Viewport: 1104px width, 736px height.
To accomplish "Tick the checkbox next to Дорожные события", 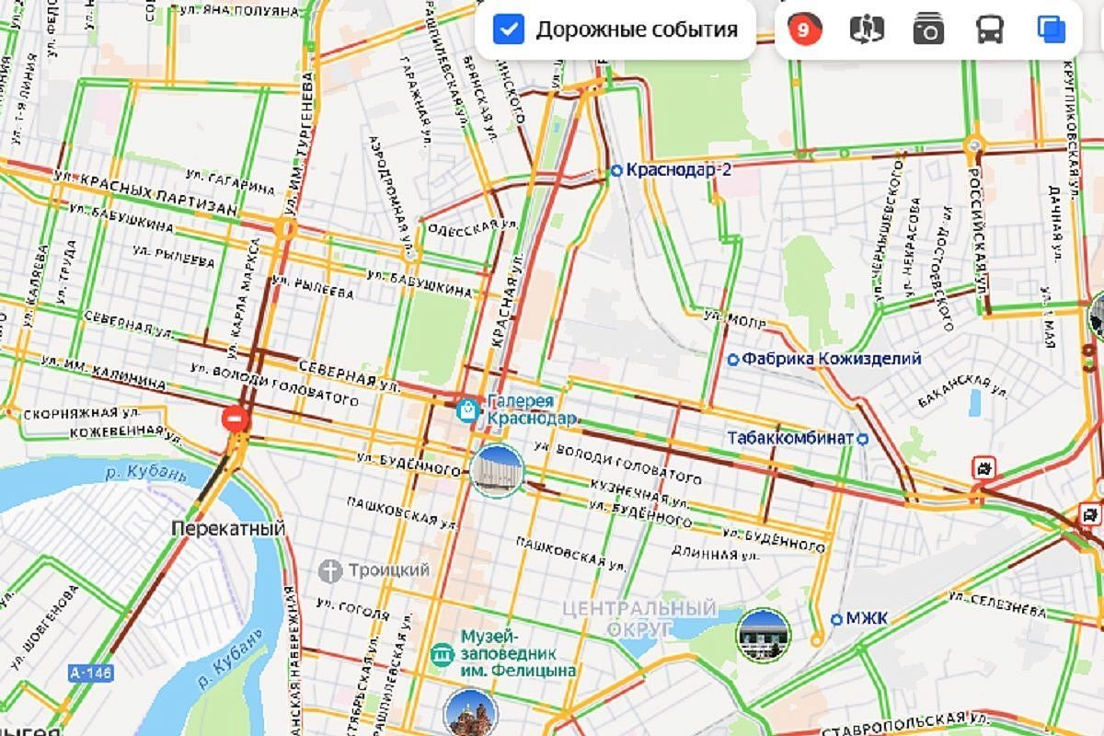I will [x=509, y=29].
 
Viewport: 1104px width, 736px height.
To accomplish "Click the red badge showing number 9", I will [x=803, y=29].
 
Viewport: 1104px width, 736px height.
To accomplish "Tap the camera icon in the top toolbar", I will [x=928, y=30].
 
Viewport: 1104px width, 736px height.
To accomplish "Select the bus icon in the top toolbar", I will [x=990, y=30].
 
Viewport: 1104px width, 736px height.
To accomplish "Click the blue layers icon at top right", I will [x=1051, y=29].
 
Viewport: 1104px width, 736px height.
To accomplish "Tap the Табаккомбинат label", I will [x=790, y=438].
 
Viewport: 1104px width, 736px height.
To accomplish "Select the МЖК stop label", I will [x=866, y=618].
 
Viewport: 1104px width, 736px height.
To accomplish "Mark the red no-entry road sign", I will [x=236, y=420].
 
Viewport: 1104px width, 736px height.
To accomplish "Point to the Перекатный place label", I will [x=228, y=529].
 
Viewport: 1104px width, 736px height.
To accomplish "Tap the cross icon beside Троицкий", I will [x=330, y=570].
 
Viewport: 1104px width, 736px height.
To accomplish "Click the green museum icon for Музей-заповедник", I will [x=442, y=653].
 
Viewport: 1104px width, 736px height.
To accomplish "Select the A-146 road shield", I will [x=90, y=673].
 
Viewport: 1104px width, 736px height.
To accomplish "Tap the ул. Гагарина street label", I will [x=230, y=181].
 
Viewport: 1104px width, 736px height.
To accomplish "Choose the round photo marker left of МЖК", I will [x=763, y=635].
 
